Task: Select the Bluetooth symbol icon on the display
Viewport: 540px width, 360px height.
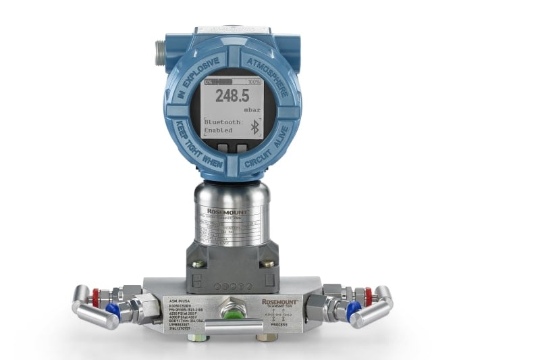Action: pyautogui.click(x=254, y=127)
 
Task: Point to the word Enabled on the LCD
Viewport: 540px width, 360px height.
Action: pyautogui.click(x=218, y=130)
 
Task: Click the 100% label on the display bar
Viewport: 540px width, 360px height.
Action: pyautogui.click(x=254, y=82)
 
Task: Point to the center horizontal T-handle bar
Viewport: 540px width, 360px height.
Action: pyautogui.click(x=232, y=328)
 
